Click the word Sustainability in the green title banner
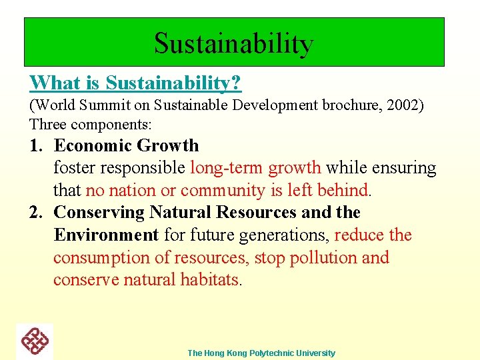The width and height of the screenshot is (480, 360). (x=233, y=44)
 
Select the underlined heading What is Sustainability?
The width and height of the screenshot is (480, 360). (x=135, y=83)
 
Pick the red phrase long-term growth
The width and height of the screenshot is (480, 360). (x=255, y=168)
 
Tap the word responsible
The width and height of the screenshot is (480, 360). (x=147, y=168)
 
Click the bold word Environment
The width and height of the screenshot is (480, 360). (x=106, y=235)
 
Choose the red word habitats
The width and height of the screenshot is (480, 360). (x=209, y=280)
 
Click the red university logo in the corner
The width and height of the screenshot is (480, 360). (x=35, y=341)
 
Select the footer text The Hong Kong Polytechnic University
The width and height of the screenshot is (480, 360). (x=261, y=353)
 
